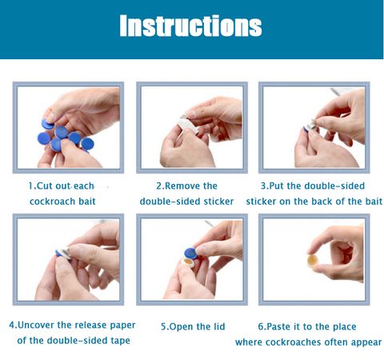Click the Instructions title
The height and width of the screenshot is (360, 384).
pos(190,26)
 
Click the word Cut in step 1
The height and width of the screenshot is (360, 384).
pos(44,186)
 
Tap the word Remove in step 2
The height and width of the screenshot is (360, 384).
pos(182,186)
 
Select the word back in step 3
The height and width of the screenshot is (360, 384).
pos(322,202)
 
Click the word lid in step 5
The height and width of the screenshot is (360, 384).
pos(218,326)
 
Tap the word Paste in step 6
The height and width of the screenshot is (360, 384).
pos(278,326)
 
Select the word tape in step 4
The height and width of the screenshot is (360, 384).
pos(120,341)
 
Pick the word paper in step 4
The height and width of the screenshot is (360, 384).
pos(122,326)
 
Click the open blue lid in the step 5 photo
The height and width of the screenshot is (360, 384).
pos(191,254)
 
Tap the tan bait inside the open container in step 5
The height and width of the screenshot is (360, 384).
pos(188,262)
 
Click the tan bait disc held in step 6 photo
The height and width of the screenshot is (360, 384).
pos(312,261)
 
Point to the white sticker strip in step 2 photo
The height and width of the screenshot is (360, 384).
pos(189,126)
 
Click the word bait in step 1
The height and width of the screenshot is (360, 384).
pos(87,202)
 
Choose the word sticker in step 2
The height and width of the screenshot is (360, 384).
pos(218,202)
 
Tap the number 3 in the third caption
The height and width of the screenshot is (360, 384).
pos(263,186)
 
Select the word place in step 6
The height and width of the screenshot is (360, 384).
pos(344,327)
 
